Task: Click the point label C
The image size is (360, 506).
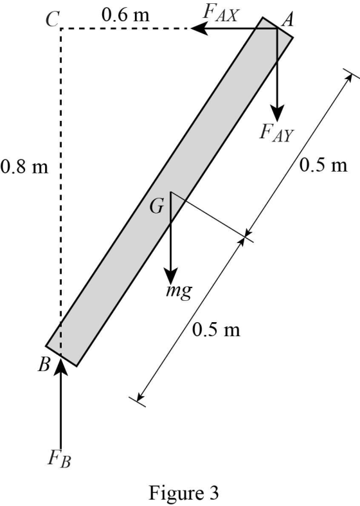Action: pos(52,19)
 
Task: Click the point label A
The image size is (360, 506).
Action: pos(287,20)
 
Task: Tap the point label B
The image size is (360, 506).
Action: pos(44,365)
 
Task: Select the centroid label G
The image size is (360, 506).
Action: pos(157,206)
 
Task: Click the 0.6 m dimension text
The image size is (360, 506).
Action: pos(126,15)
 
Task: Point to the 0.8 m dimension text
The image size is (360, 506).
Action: pos(24,167)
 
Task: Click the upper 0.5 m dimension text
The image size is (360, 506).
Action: pos(323,165)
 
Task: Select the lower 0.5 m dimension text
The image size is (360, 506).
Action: pos(216,329)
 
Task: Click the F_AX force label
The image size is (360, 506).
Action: pos(221,14)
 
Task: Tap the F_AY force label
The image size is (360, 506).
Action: pos(276,133)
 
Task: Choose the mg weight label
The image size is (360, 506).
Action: pos(179,291)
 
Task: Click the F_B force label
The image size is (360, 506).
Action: pos(59,458)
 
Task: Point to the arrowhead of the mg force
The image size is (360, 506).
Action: pos(170,276)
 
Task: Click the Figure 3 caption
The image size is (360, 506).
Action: pos(184,492)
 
